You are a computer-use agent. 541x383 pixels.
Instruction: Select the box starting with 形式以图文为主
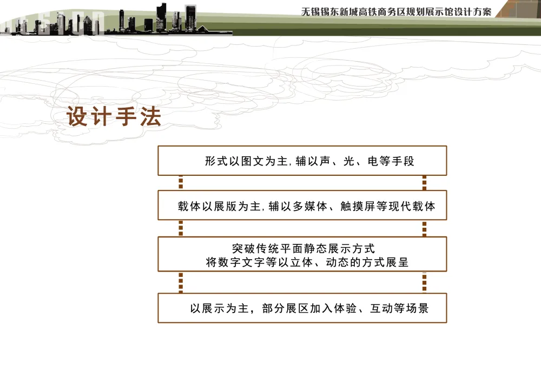[x=302, y=161]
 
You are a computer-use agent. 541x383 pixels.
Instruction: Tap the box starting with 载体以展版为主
[x=302, y=206]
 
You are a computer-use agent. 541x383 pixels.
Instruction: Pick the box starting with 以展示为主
[x=302, y=308]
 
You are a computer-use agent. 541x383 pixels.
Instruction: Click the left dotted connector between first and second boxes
[x=181, y=183]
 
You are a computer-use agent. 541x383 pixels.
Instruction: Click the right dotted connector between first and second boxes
[x=424, y=183]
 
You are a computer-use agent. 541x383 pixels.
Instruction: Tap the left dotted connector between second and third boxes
[x=181, y=228]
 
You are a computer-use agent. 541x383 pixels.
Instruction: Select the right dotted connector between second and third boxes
[x=424, y=228]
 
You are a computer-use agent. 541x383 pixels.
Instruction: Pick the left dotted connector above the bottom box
[x=181, y=282]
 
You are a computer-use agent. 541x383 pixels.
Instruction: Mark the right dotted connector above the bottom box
[x=424, y=282]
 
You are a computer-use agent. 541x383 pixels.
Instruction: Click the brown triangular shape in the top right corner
[x=514, y=8]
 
